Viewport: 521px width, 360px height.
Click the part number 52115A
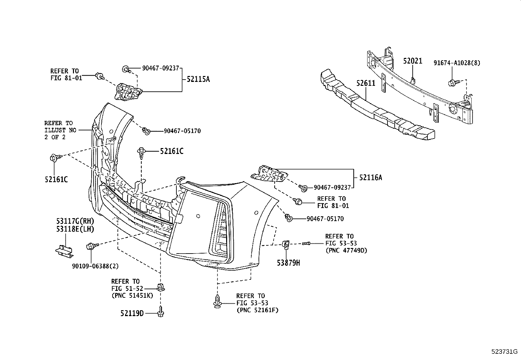pyautogui.click(x=198, y=79)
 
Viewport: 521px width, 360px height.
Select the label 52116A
pyautogui.click(x=370, y=178)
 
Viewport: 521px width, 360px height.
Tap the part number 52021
pyautogui.click(x=412, y=61)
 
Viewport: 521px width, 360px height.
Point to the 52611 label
pyautogui.click(x=366, y=84)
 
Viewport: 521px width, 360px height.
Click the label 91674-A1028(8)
pyautogui.click(x=457, y=63)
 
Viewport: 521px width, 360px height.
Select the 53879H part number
pyautogui.click(x=288, y=263)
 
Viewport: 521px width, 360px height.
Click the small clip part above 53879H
pyautogui.click(x=285, y=244)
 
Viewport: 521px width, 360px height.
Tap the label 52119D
pyautogui.click(x=132, y=313)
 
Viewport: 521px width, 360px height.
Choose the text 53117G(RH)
pyautogui.click(x=75, y=222)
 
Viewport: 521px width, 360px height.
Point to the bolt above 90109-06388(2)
pyautogui.click(x=91, y=246)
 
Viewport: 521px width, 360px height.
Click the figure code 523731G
pyautogui.click(x=504, y=352)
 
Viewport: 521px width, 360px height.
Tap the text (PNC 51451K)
pyautogui.click(x=132, y=295)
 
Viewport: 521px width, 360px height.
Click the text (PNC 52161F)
pyautogui.click(x=257, y=310)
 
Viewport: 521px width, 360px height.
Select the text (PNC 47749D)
pyautogui.click(x=346, y=251)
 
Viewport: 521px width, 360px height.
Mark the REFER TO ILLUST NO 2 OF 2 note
pyautogui.click(x=60, y=130)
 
